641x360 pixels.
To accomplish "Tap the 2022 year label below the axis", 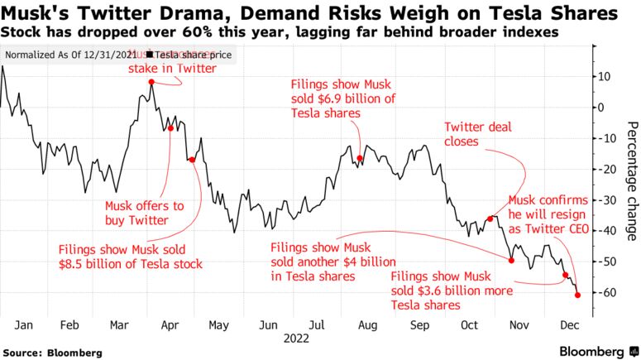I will click(296, 338).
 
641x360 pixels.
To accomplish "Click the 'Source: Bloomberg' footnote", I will click(52, 353).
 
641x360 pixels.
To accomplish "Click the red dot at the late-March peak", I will click(151, 82).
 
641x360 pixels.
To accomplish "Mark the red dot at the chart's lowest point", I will click(577, 295).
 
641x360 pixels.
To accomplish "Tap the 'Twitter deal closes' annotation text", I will click(478, 134).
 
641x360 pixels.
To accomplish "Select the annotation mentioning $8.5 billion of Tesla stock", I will click(130, 257).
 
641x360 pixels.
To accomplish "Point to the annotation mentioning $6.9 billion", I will click(342, 99).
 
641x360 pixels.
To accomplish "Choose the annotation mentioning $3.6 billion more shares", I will click(452, 290).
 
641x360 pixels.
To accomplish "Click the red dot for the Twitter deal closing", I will click(490, 218).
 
